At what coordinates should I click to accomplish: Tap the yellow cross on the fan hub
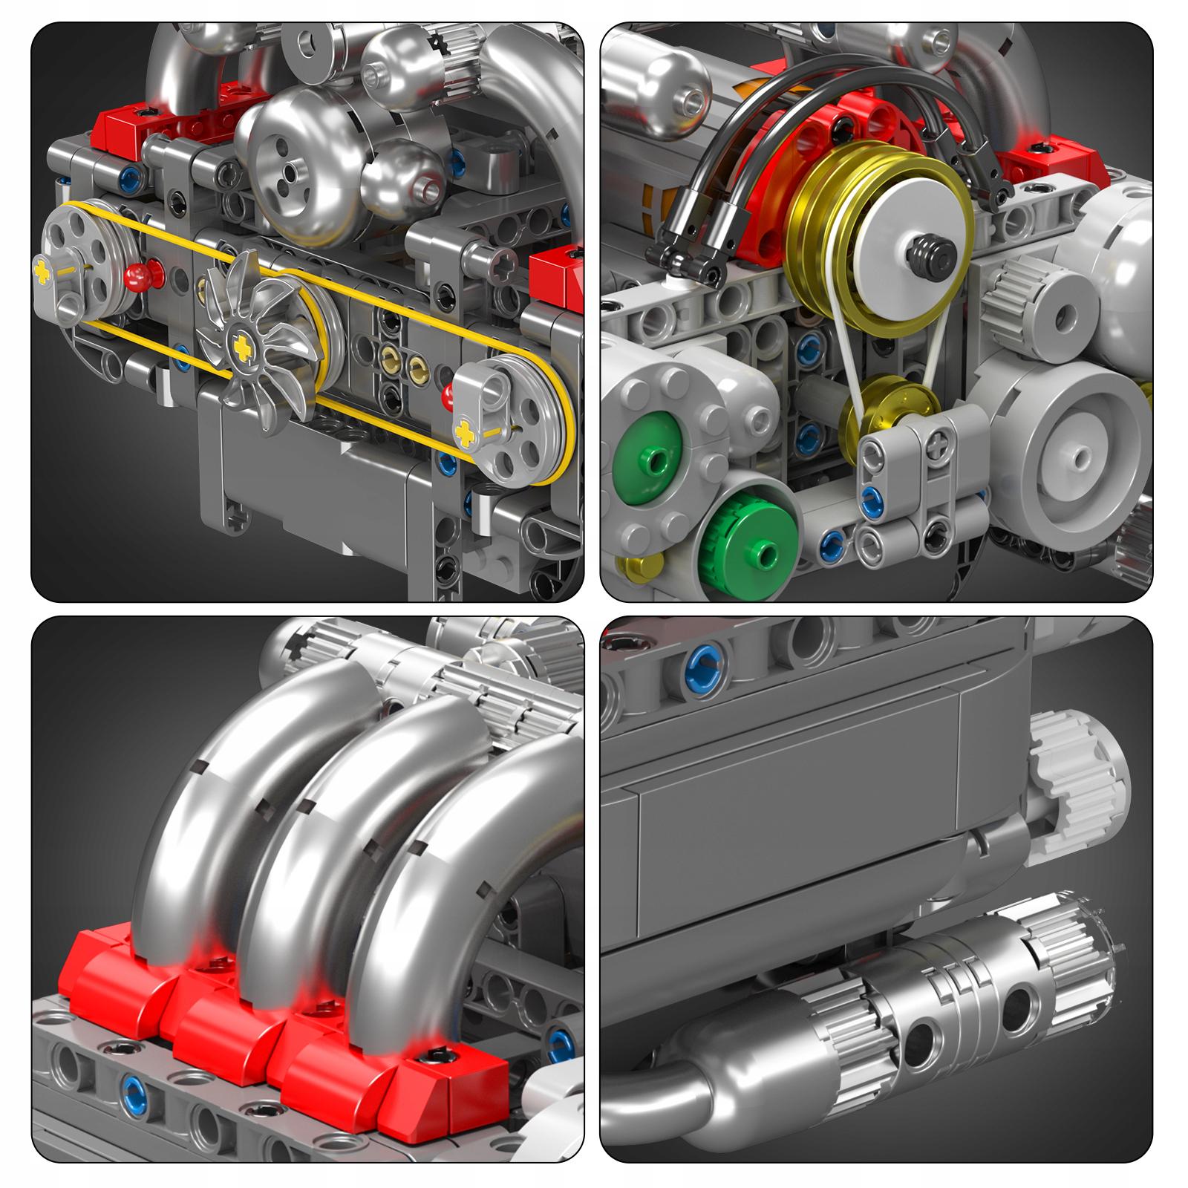(241, 346)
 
